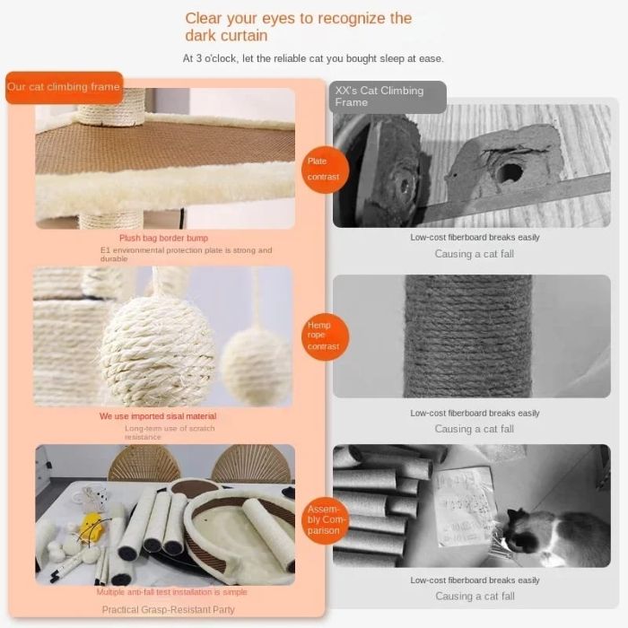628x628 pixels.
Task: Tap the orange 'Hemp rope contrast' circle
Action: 323,336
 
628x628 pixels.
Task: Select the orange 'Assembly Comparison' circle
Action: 323,518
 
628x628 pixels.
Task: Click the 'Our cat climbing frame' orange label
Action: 64,87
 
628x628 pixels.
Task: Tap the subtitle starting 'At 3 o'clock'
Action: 313,59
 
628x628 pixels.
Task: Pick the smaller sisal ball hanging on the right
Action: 256,365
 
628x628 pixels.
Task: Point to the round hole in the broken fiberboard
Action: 510,171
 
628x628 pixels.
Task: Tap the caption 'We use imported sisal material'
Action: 157,416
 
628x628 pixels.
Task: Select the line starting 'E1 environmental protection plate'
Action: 186,254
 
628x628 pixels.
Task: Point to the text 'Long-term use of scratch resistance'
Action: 170,432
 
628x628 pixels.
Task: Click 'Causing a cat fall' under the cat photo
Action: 475,596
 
